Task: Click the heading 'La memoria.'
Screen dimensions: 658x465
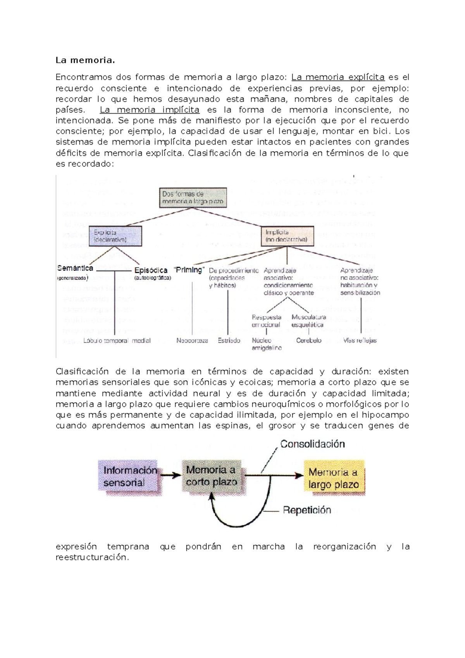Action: pyautogui.click(x=85, y=60)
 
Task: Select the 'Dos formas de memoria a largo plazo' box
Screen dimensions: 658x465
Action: pyautogui.click(x=193, y=198)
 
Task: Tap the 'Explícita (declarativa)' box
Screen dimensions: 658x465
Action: pyautogui.click(x=115, y=236)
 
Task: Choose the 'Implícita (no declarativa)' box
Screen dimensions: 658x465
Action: pyautogui.click(x=287, y=236)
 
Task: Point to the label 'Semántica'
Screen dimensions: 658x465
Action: pyautogui.click(x=75, y=268)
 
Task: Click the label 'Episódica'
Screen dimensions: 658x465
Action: pyautogui.click(x=151, y=270)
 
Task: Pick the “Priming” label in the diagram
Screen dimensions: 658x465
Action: pyautogui.click(x=189, y=270)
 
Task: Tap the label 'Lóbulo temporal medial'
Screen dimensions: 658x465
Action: pyautogui.click(x=117, y=341)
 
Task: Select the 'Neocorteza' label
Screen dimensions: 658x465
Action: pyautogui.click(x=192, y=341)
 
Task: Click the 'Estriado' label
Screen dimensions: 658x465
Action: pyautogui.click(x=229, y=341)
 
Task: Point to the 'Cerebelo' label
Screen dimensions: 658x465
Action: pyautogui.click(x=309, y=341)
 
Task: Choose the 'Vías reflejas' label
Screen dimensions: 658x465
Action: pyautogui.click(x=360, y=341)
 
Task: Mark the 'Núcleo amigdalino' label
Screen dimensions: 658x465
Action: pyautogui.click(x=267, y=344)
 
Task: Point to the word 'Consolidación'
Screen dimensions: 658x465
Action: pyautogui.click(x=312, y=444)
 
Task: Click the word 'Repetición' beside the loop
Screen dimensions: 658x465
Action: pyautogui.click(x=307, y=510)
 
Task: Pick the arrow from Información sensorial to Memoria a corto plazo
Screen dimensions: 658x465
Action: pyautogui.click(x=170, y=475)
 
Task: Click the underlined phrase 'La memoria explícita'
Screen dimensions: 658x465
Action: pyautogui.click(x=338, y=77)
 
